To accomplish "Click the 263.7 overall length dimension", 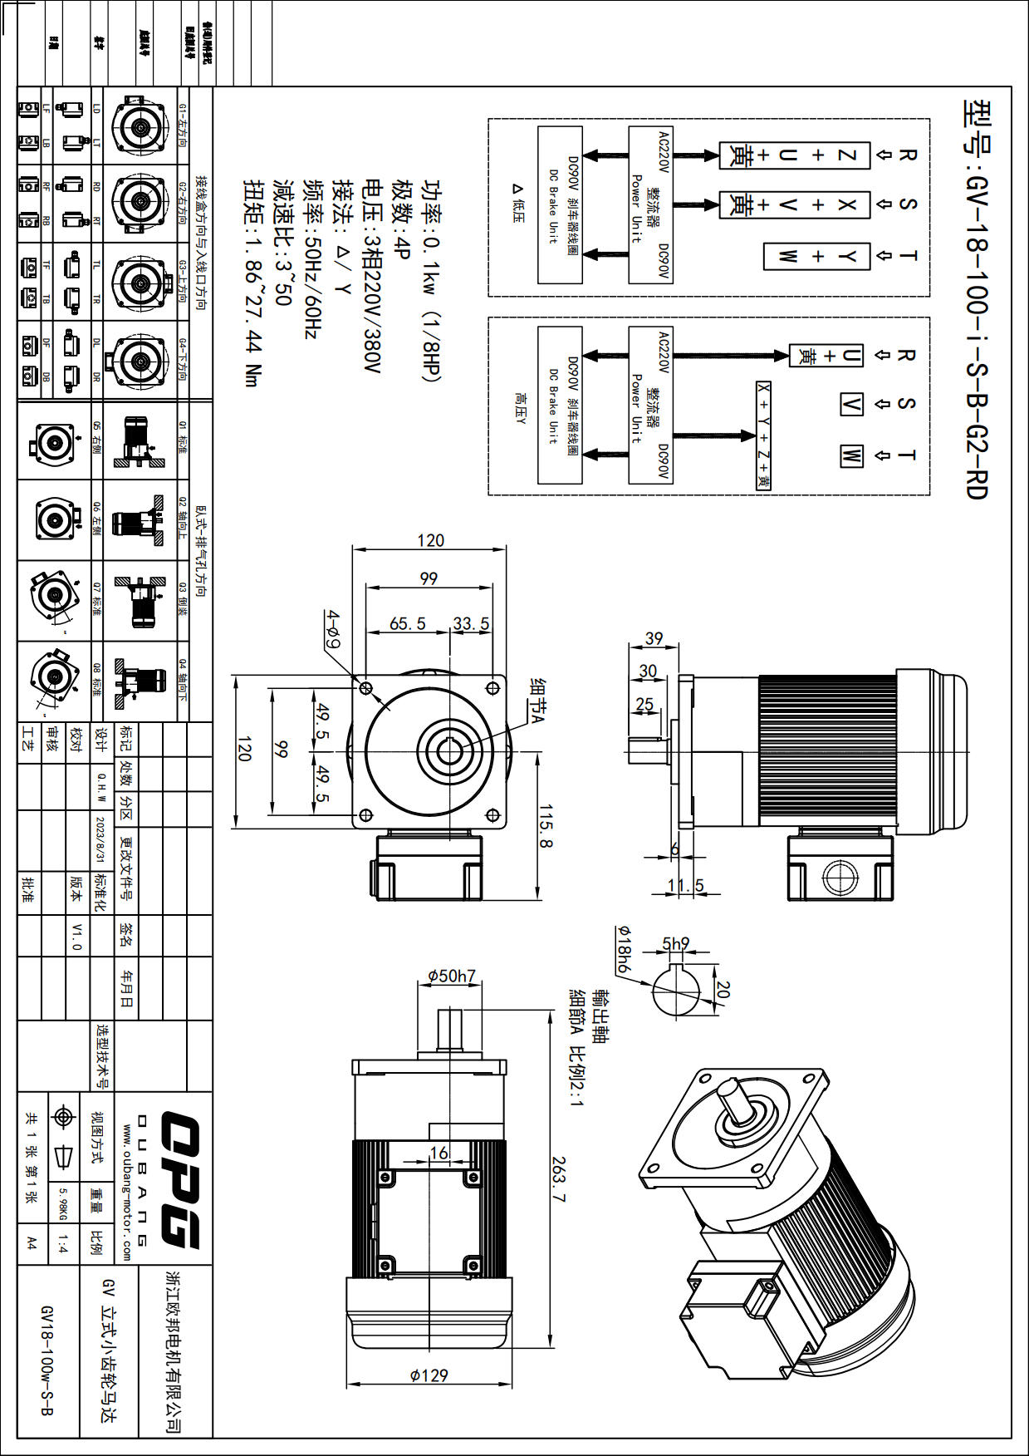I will click(x=557, y=1180).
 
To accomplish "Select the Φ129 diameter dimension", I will click(x=429, y=1375).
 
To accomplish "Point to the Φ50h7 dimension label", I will click(x=451, y=976).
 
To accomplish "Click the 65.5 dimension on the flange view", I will click(x=407, y=623).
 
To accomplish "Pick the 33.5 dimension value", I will click(x=471, y=623).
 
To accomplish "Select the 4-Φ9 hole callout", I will click(x=333, y=629).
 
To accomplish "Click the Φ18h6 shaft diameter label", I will click(x=623, y=948).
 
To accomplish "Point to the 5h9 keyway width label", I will click(x=675, y=943).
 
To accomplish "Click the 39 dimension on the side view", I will click(x=654, y=638).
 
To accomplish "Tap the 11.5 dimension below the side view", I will click(x=685, y=885).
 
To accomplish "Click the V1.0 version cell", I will click(x=76, y=936).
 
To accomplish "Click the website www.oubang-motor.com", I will click(x=127, y=1192).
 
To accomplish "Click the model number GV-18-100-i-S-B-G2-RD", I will click(x=976, y=299).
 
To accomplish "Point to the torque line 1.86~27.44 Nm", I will click(x=252, y=283).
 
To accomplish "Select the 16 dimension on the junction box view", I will click(x=439, y=1152).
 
